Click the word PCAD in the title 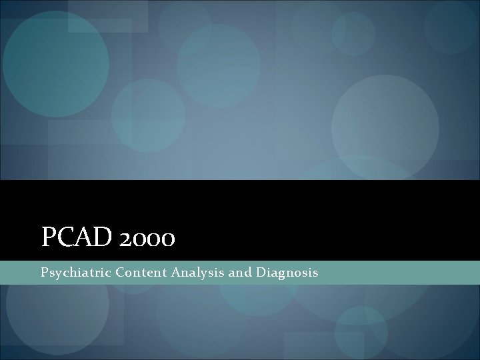point(78,237)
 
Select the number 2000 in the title point(147,238)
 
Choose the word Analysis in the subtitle point(191,273)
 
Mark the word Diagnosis point(285,273)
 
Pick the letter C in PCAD point(67,237)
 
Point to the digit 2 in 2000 point(126,239)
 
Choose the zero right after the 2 point(140,239)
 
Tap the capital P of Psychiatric point(44,272)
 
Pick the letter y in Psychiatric point(57,274)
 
